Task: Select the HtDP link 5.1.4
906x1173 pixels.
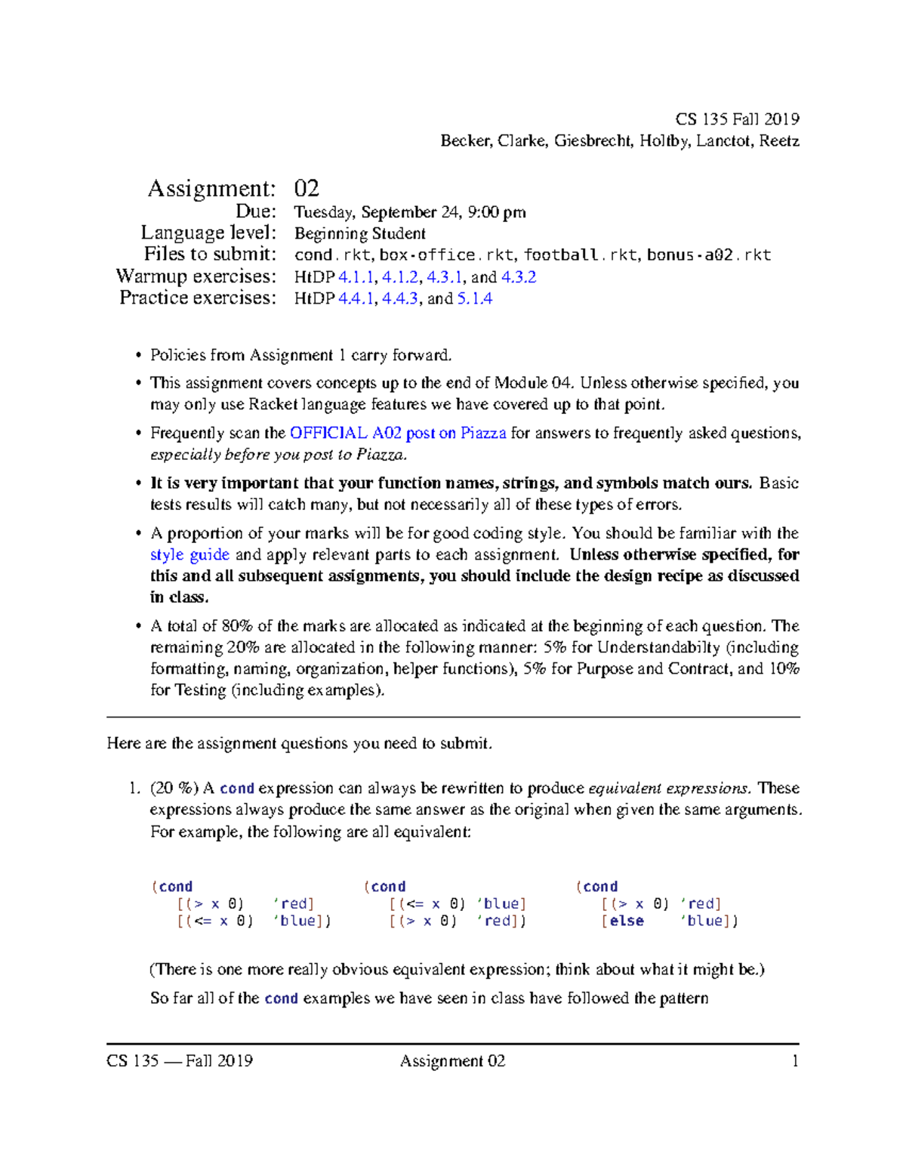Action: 475,298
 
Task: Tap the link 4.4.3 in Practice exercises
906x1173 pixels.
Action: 399,298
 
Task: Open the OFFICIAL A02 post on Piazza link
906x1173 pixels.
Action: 398,433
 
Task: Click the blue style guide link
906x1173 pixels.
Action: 190,554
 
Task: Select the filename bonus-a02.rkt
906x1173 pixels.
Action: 708,255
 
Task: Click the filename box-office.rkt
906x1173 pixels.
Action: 427,255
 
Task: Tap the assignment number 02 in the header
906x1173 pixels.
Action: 307,188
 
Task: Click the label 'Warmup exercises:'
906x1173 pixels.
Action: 196,276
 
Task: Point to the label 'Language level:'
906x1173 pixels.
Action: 208,233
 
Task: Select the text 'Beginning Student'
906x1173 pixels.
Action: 360,233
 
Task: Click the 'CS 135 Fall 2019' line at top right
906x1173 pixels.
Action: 737,119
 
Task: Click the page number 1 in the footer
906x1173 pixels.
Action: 794,1061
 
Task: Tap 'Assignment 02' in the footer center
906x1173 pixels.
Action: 452,1061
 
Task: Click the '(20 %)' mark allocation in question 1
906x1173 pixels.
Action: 174,789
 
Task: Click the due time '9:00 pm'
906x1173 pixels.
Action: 497,212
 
